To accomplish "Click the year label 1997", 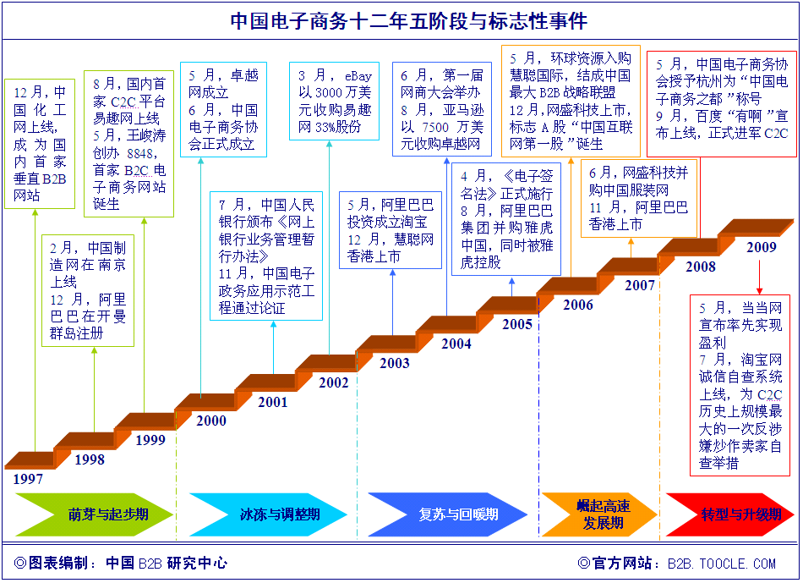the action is (28, 479).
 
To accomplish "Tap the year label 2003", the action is (395, 363).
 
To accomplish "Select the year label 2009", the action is (762, 247).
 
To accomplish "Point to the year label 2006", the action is (578, 305).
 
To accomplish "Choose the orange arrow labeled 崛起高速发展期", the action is (599, 514).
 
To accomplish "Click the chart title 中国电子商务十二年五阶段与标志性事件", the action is (408, 21).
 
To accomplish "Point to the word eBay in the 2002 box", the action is (358, 76).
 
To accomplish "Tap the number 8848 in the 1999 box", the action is (139, 153).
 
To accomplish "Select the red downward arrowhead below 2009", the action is (760, 290).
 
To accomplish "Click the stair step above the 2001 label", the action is (267, 382).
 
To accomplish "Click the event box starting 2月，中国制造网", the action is (88, 291).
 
